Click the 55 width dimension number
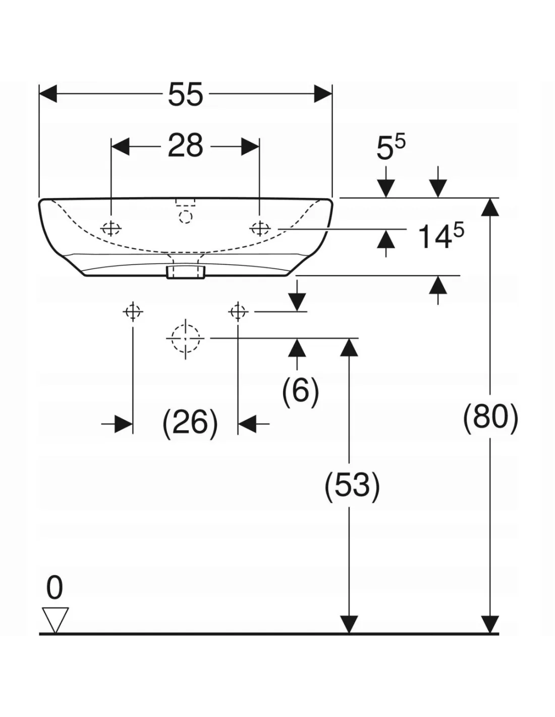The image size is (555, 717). point(185,94)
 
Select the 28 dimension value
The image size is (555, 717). point(185,146)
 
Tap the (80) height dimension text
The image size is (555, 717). point(490,417)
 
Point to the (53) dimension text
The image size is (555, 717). point(352,486)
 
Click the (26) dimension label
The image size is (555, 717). point(190,422)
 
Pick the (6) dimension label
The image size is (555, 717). point(301,390)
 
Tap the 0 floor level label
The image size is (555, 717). point(54,588)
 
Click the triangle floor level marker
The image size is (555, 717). point(55,618)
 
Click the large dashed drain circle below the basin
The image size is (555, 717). point(185,338)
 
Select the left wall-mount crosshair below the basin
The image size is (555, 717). point(133,312)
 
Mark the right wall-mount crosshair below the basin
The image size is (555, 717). point(238,312)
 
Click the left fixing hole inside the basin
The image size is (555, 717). point(111,228)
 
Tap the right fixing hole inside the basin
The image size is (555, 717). point(260,228)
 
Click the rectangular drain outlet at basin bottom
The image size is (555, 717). point(185,272)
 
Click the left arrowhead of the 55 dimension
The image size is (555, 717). point(48,94)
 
